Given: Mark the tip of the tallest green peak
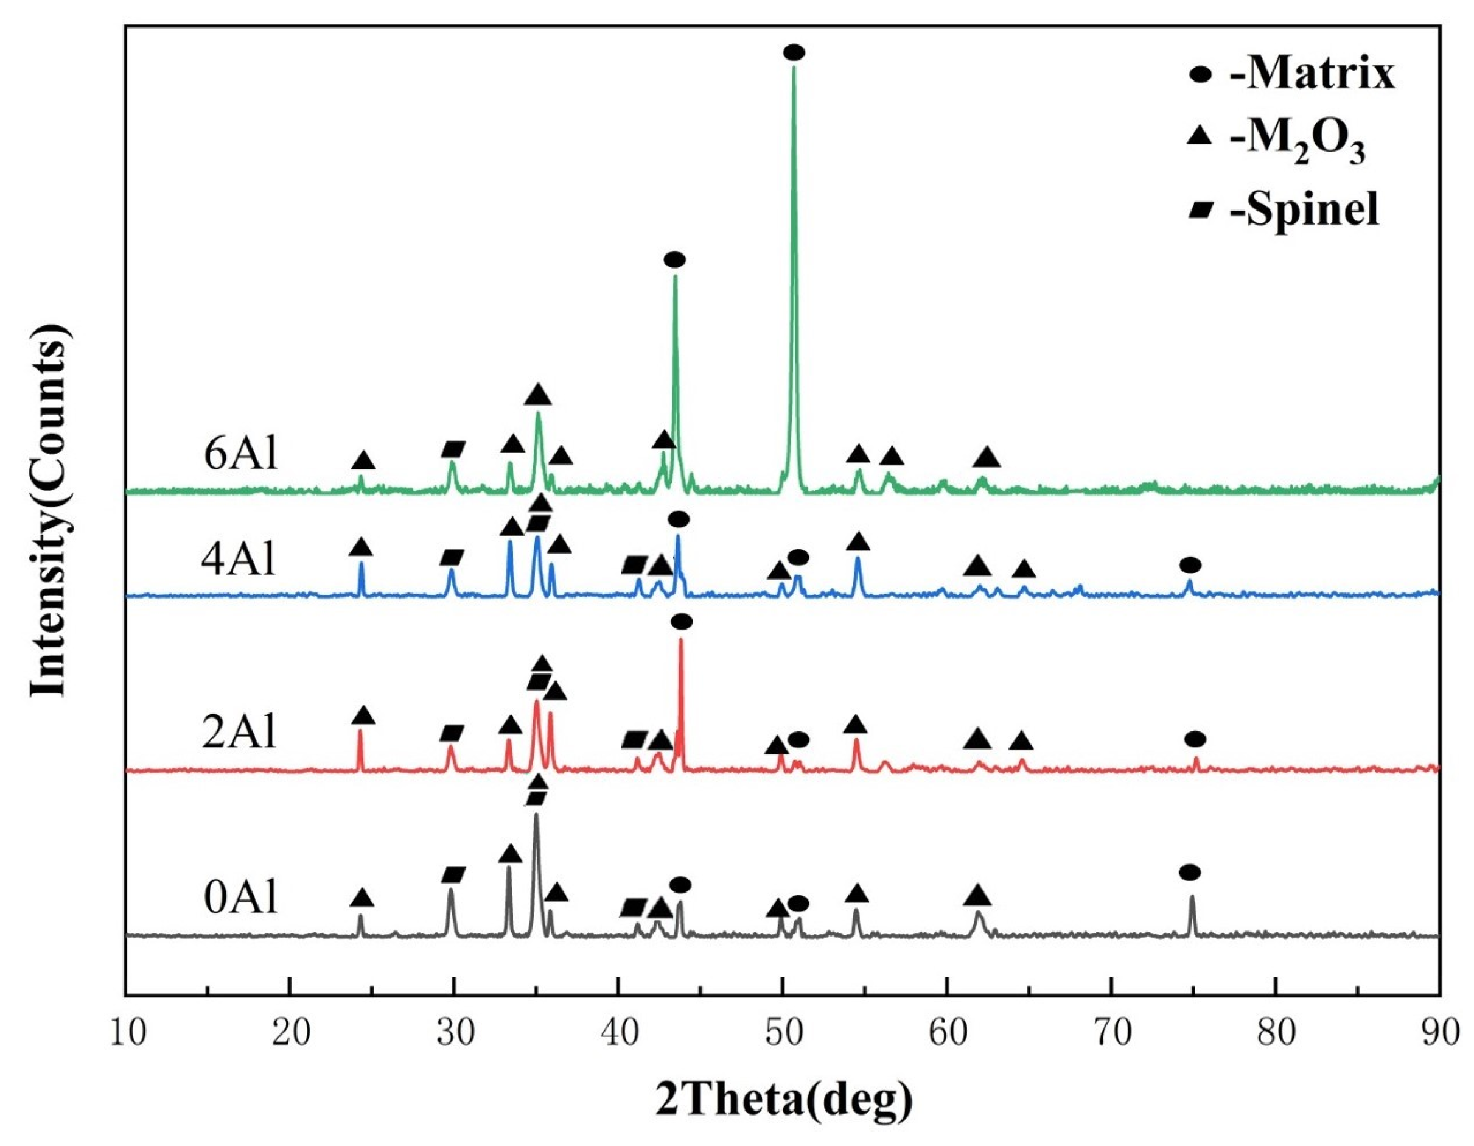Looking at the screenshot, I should point(794,67).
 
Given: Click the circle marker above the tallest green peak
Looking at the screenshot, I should point(794,52).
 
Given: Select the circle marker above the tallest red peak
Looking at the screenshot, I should point(681,621).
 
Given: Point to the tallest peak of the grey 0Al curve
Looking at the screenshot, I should point(536,814).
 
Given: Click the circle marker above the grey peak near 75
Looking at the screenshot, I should point(1190,872).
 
